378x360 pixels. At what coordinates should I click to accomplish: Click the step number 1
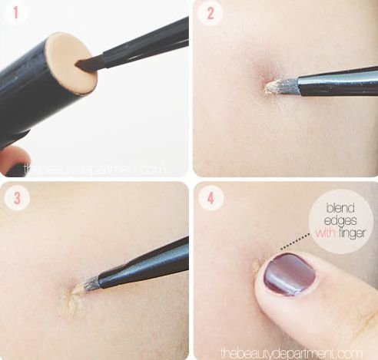(x=16, y=13)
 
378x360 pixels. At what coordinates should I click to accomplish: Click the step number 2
(x=211, y=13)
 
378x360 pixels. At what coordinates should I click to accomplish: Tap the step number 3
(x=17, y=198)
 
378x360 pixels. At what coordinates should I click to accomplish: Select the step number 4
(x=211, y=198)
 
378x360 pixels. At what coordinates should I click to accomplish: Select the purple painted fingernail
(x=290, y=274)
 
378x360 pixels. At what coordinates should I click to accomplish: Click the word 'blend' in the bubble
(x=340, y=208)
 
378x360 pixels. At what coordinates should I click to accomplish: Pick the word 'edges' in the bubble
(x=340, y=220)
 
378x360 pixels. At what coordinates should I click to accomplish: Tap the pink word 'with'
(x=325, y=233)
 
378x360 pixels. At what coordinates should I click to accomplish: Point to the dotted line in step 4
(x=295, y=240)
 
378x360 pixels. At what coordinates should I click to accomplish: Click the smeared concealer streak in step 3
(x=71, y=303)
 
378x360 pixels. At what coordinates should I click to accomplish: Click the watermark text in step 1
(x=94, y=169)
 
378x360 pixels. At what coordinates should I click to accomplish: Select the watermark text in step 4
(x=291, y=353)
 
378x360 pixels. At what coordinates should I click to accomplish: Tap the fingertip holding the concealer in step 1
(x=14, y=160)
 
